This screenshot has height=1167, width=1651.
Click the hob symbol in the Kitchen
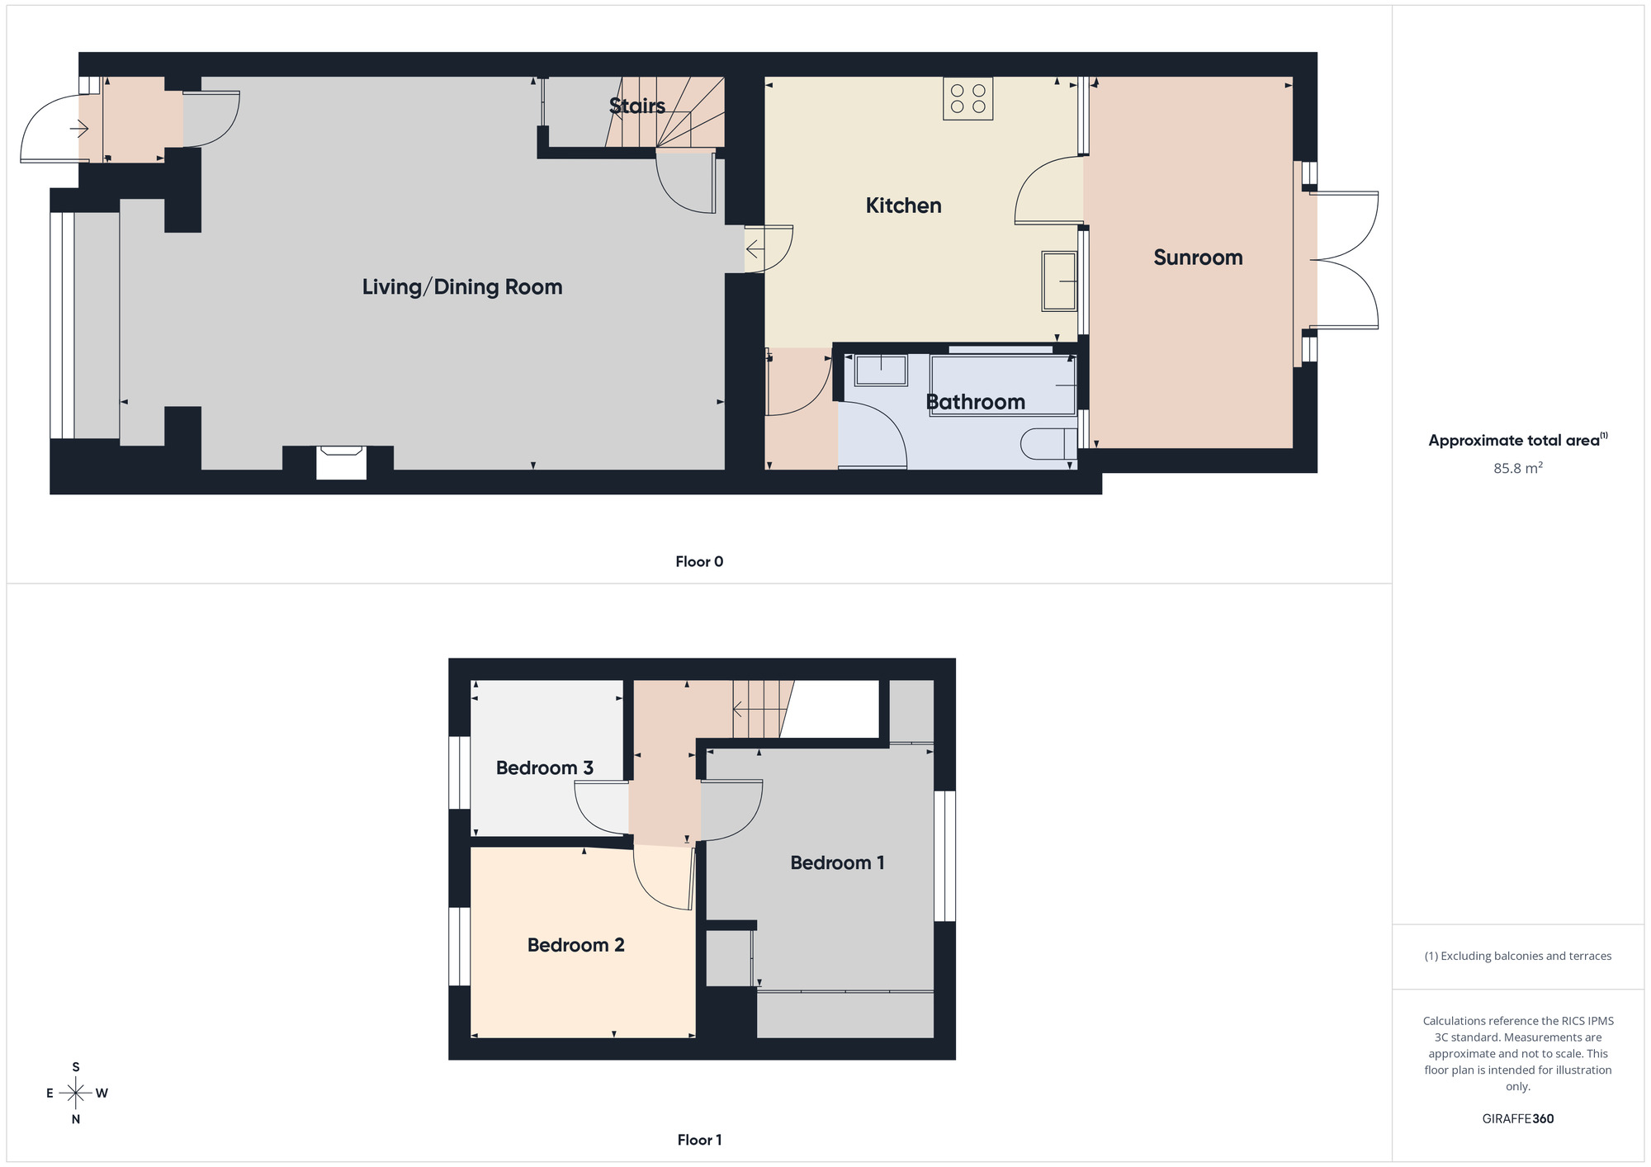coord(967,99)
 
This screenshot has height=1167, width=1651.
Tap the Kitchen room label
coord(903,206)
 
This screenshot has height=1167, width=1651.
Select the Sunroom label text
coord(1198,257)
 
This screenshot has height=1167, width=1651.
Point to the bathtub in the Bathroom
coord(1003,385)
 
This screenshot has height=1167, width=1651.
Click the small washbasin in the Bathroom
coord(881,369)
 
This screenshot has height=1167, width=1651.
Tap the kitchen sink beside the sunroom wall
coord(1059,281)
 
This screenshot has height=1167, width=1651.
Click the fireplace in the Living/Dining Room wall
coord(341,461)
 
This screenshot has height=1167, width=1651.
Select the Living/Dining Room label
coord(462,287)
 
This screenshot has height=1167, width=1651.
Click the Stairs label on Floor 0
coord(636,106)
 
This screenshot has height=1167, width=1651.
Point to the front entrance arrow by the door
coord(79,129)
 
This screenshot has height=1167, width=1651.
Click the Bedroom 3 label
coord(544,768)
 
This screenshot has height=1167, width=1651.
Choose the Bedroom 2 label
coord(575,945)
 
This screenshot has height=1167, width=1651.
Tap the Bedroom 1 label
coord(837,863)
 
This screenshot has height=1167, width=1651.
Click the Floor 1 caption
coord(699,1140)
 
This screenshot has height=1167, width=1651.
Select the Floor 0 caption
coord(699,562)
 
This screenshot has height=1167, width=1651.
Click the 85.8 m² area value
coord(1517,468)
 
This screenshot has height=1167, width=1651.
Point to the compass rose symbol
coord(76,1094)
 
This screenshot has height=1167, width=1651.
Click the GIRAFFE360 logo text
coord(1517,1119)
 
